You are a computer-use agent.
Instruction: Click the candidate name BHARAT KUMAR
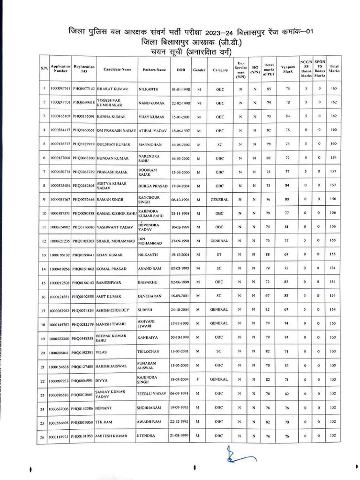[112, 88]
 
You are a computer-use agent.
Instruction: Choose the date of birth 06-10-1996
[180, 199]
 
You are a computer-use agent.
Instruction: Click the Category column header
[220, 70]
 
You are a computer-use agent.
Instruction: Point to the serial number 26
[43, 436]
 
